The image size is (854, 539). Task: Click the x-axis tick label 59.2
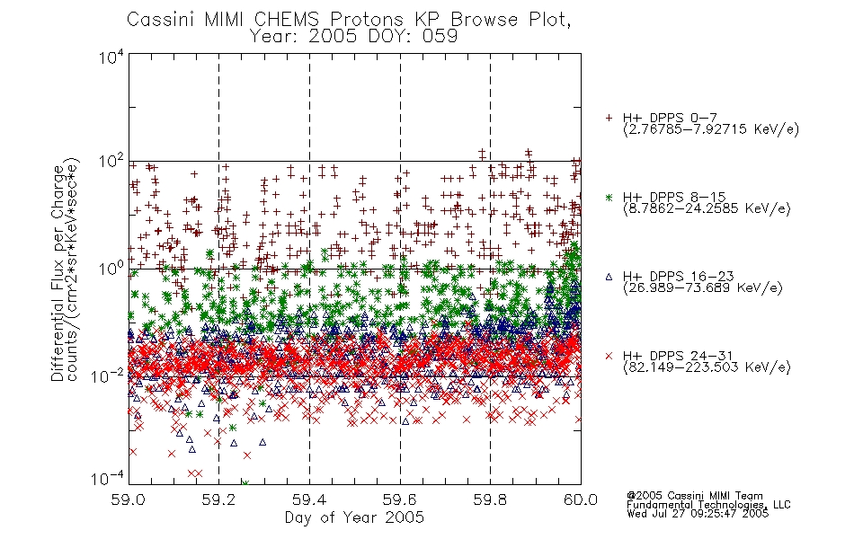(218, 499)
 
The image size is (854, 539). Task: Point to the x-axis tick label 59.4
(309, 499)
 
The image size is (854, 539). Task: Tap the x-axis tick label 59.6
(400, 499)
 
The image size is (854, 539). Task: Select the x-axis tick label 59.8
(490, 499)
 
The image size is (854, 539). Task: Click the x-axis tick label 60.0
(581, 499)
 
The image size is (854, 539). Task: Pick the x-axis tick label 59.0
(128, 499)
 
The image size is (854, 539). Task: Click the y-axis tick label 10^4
(111, 57)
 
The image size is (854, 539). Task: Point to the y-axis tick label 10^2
(111, 163)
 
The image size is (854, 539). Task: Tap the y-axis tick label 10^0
(111, 269)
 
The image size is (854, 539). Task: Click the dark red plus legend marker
(609, 118)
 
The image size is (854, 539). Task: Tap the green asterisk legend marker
(609, 198)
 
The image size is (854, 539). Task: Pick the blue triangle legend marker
(609, 277)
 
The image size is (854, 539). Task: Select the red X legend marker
(609, 356)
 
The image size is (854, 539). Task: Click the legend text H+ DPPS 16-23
(679, 277)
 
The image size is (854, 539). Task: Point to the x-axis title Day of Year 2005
(354, 517)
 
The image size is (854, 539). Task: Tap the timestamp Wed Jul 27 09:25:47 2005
(698, 514)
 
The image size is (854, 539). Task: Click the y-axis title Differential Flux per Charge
(58, 273)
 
